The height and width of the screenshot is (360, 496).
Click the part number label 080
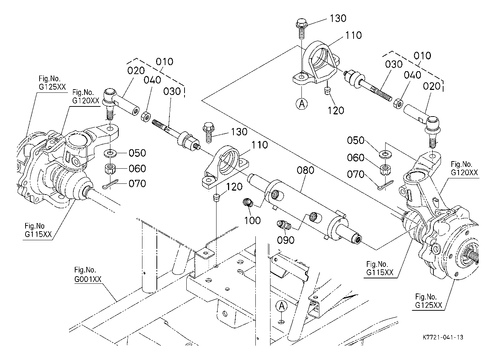tap(305, 170)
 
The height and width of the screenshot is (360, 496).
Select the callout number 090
tap(286, 240)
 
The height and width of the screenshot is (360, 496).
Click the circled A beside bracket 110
tap(302, 104)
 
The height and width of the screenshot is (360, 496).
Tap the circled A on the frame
tap(282, 306)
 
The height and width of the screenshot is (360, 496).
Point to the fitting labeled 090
tap(283, 226)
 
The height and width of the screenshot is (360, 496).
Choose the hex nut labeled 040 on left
tap(145, 117)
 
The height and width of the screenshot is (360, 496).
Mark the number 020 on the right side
tap(432, 86)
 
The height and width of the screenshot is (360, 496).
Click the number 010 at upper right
tap(422, 56)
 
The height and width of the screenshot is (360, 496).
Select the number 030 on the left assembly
tap(172, 91)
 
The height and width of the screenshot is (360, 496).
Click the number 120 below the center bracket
tap(235, 187)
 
